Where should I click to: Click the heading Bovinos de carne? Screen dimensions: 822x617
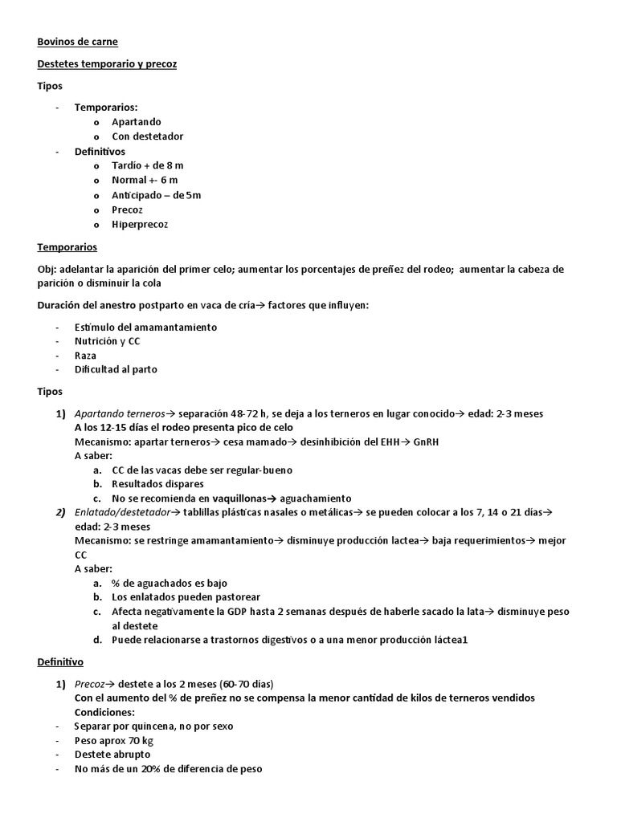tap(77, 42)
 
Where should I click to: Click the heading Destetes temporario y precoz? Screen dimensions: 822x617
tap(107, 63)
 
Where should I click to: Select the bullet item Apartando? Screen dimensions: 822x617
tap(136, 122)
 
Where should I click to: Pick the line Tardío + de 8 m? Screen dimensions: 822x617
tap(148, 165)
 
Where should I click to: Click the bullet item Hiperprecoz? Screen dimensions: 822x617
tap(140, 224)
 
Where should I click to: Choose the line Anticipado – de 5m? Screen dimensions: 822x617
tap(156, 195)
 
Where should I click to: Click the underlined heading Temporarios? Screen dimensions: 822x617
tap(67, 247)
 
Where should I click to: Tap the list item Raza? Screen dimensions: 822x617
tap(85, 355)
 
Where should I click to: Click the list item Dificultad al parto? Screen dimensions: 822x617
tap(117, 369)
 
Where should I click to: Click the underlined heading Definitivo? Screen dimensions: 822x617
tap(60, 662)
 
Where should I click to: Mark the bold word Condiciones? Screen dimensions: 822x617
tap(104, 712)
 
